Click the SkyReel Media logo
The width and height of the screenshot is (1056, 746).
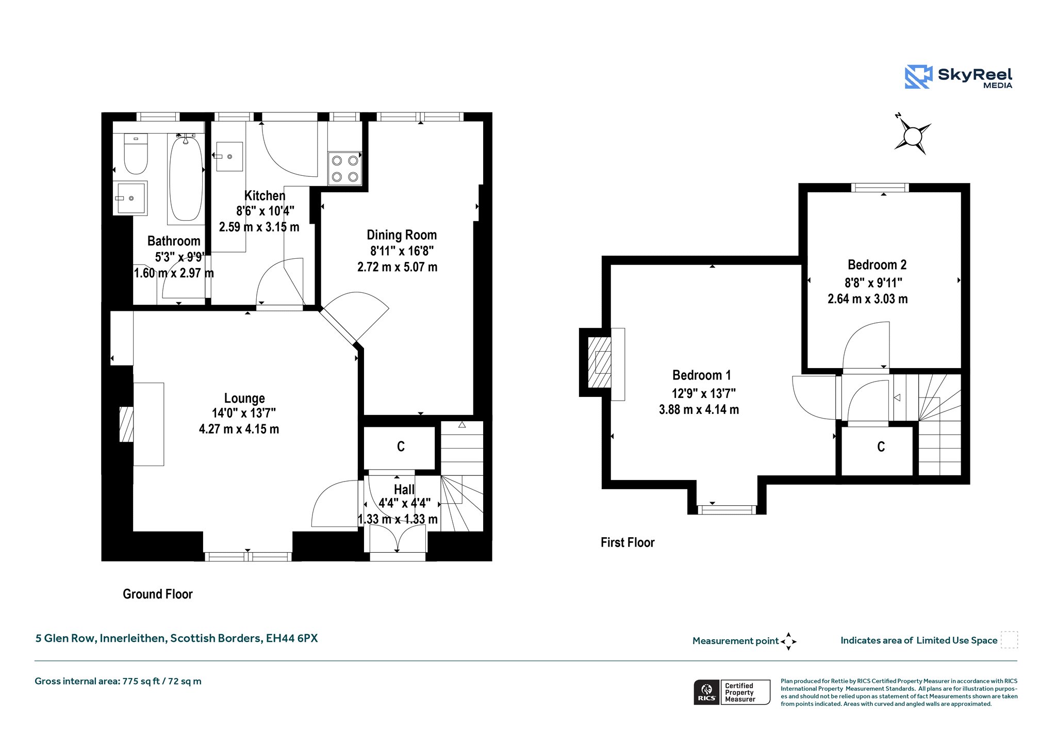(x=959, y=77)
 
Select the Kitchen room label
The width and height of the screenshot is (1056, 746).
(x=265, y=196)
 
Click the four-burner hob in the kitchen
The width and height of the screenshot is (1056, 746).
(x=345, y=169)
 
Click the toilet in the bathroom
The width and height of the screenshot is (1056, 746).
(x=136, y=154)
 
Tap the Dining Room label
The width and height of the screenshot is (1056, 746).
(x=402, y=235)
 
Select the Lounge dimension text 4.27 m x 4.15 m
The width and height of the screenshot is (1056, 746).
(x=239, y=429)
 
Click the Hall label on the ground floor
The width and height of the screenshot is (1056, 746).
(x=404, y=489)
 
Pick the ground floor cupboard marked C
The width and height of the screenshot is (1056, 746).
(x=400, y=447)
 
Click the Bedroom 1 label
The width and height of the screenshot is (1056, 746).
(x=701, y=375)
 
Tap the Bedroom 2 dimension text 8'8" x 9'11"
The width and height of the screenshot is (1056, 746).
(x=873, y=283)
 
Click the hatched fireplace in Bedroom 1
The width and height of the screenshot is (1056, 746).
(x=600, y=362)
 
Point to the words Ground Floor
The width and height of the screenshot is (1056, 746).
(x=157, y=594)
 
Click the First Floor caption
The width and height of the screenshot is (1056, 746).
(x=628, y=542)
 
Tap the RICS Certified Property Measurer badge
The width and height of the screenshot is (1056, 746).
(x=732, y=692)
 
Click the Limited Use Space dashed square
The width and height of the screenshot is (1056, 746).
(x=1009, y=640)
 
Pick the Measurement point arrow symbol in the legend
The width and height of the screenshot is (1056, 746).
(x=788, y=641)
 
